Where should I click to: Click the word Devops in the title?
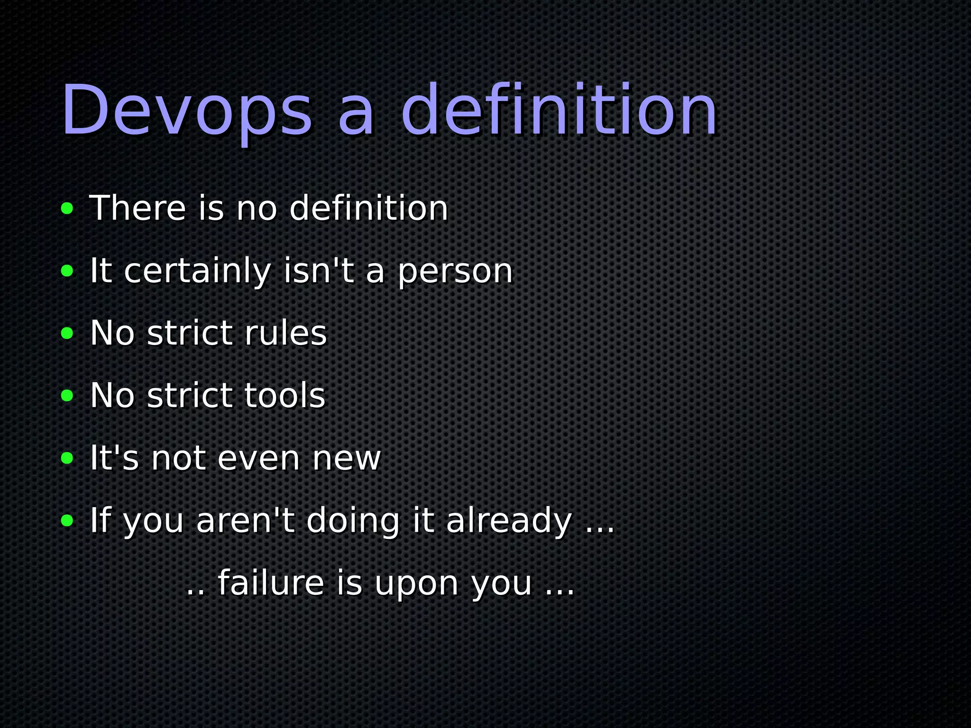187,111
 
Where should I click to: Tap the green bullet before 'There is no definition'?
67,208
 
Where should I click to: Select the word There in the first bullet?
137,208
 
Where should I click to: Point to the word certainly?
197,271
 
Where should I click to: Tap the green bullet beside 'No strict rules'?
67,333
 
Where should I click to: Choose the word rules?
285,333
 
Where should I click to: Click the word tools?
284,395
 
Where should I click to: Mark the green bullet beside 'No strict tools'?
67,396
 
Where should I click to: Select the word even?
259,458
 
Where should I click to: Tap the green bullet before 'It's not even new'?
67,458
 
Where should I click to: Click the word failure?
271,583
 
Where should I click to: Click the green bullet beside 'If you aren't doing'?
67,521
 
